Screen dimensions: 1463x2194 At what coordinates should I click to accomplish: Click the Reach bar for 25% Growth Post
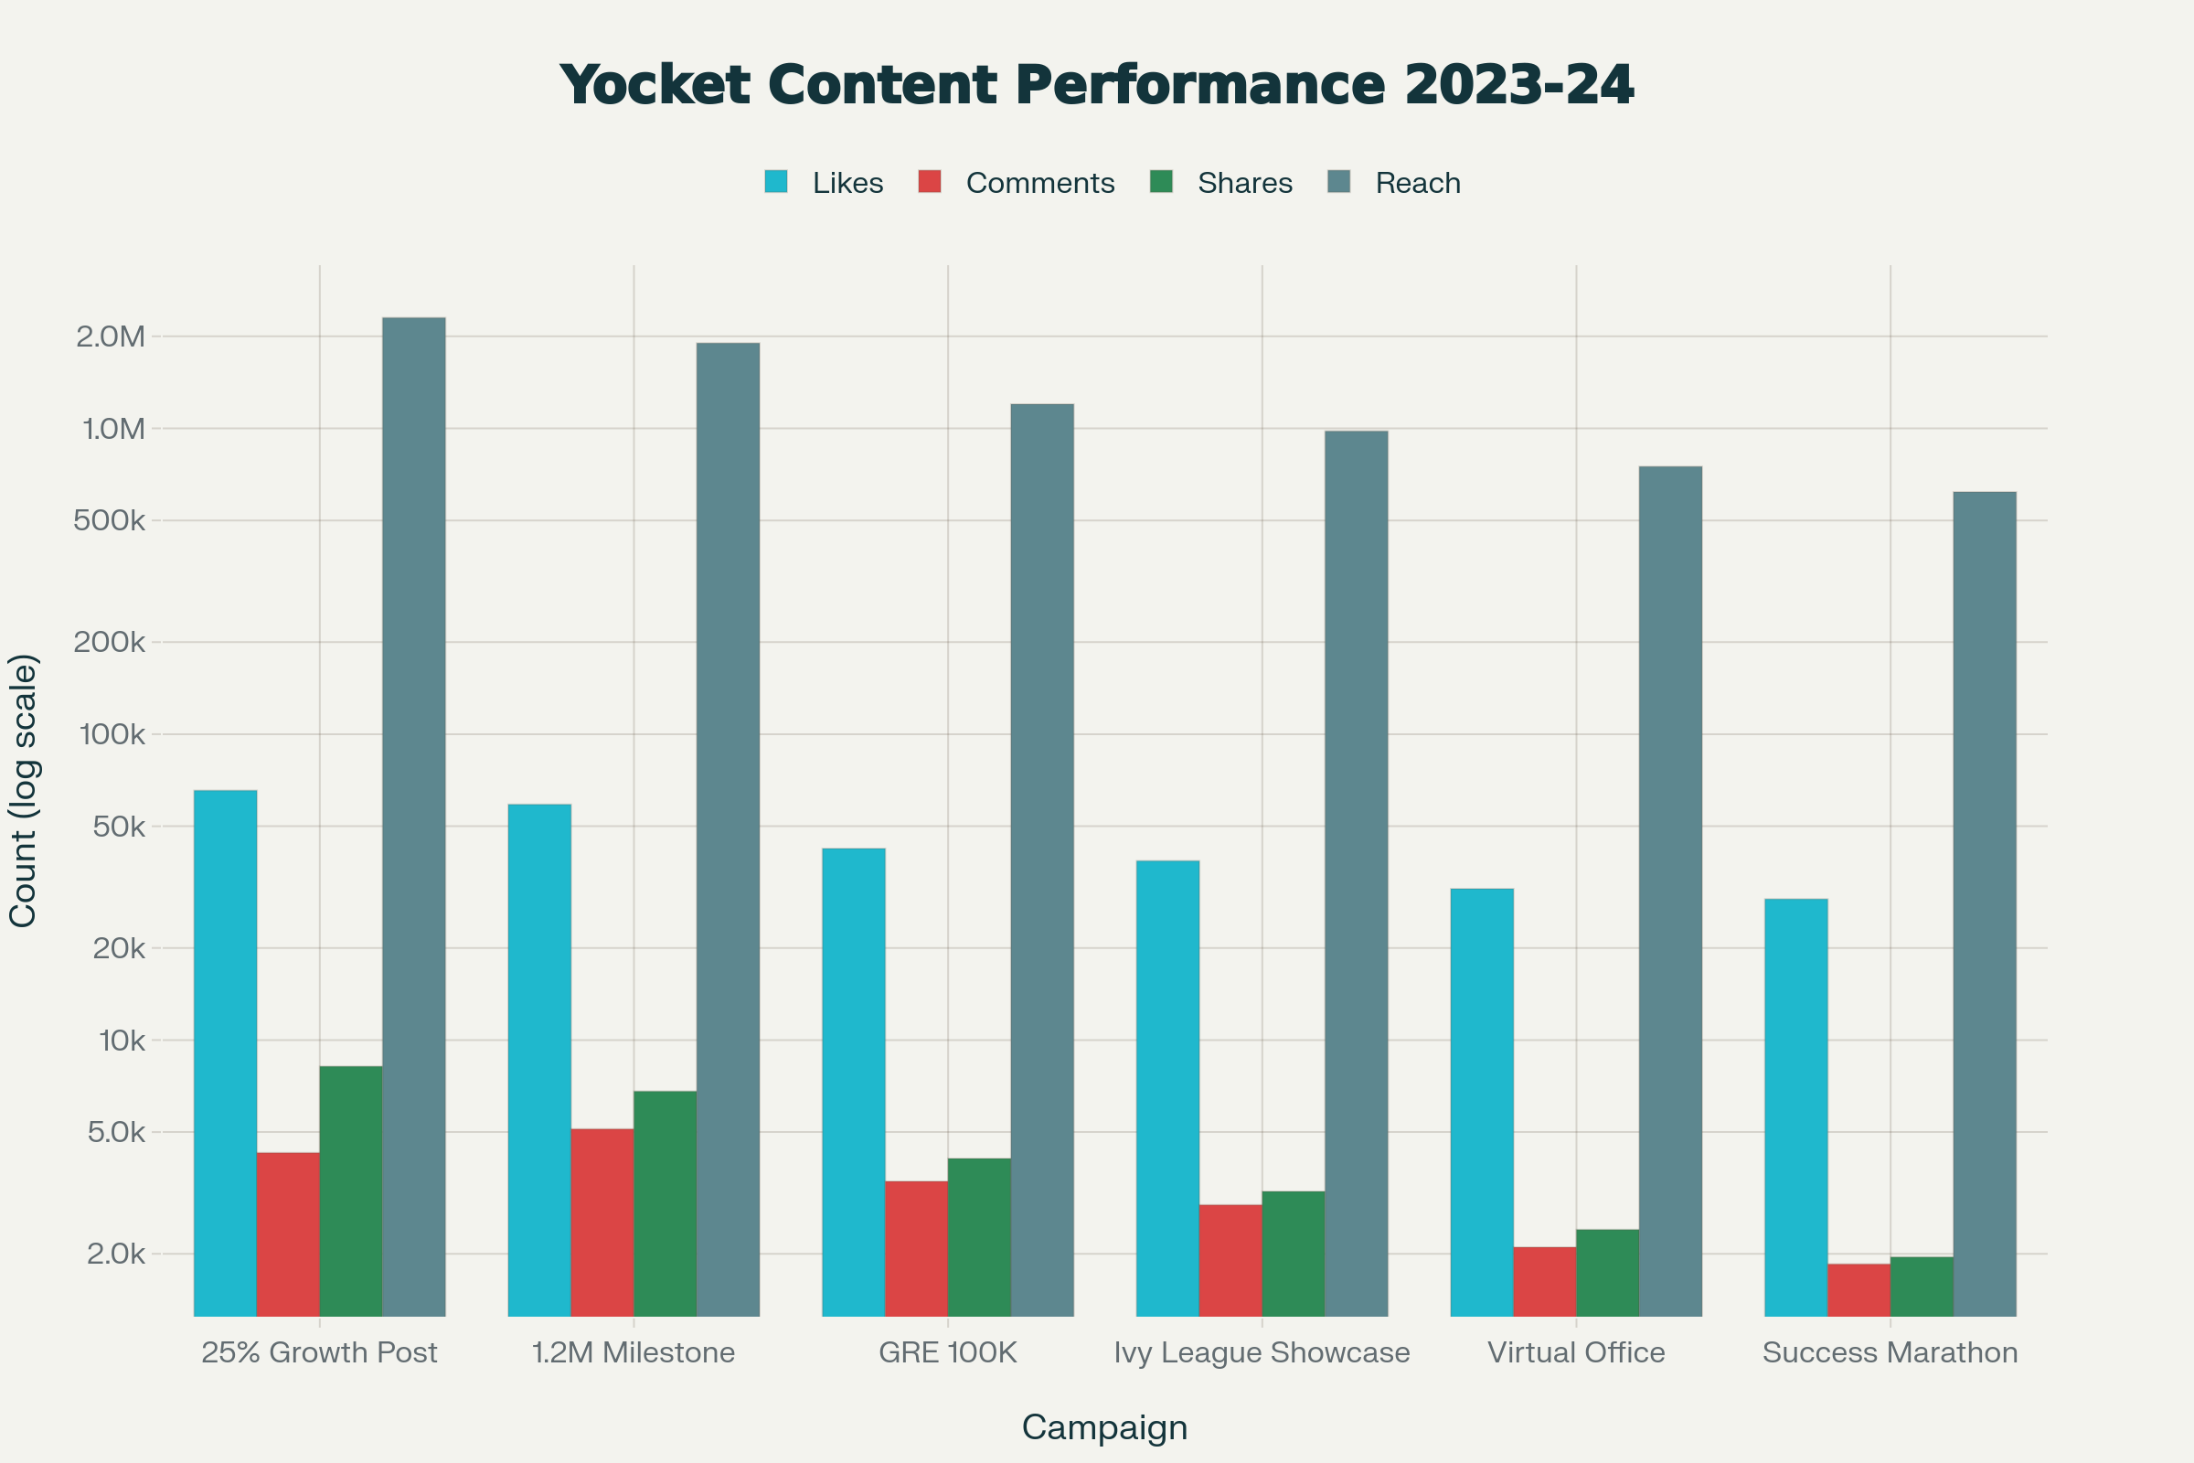(413, 817)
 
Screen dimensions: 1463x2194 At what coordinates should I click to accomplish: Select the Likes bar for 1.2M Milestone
(539, 1060)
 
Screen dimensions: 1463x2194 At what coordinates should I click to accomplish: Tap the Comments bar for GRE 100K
(916, 1248)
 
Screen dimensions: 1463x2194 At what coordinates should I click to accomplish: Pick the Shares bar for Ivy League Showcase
(1293, 1253)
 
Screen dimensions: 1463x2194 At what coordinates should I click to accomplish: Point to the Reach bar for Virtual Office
(1670, 891)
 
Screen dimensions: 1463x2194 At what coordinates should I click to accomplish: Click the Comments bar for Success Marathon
(1859, 1289)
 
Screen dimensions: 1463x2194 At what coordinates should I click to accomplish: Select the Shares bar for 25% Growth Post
(351, 1191)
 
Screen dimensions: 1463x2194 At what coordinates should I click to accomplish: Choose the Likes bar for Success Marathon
(1795, 1107)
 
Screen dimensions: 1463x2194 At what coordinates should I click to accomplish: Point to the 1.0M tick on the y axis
(113, 429)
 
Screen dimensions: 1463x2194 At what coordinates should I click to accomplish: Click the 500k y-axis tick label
(109, 520)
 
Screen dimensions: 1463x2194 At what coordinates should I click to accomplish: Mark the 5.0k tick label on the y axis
(116, 1132)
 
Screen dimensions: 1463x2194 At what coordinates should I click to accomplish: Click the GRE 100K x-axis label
(948, 1352)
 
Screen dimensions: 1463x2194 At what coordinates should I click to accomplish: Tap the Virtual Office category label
(1575, 1352)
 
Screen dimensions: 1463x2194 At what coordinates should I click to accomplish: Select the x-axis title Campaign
(1104, 1427)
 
